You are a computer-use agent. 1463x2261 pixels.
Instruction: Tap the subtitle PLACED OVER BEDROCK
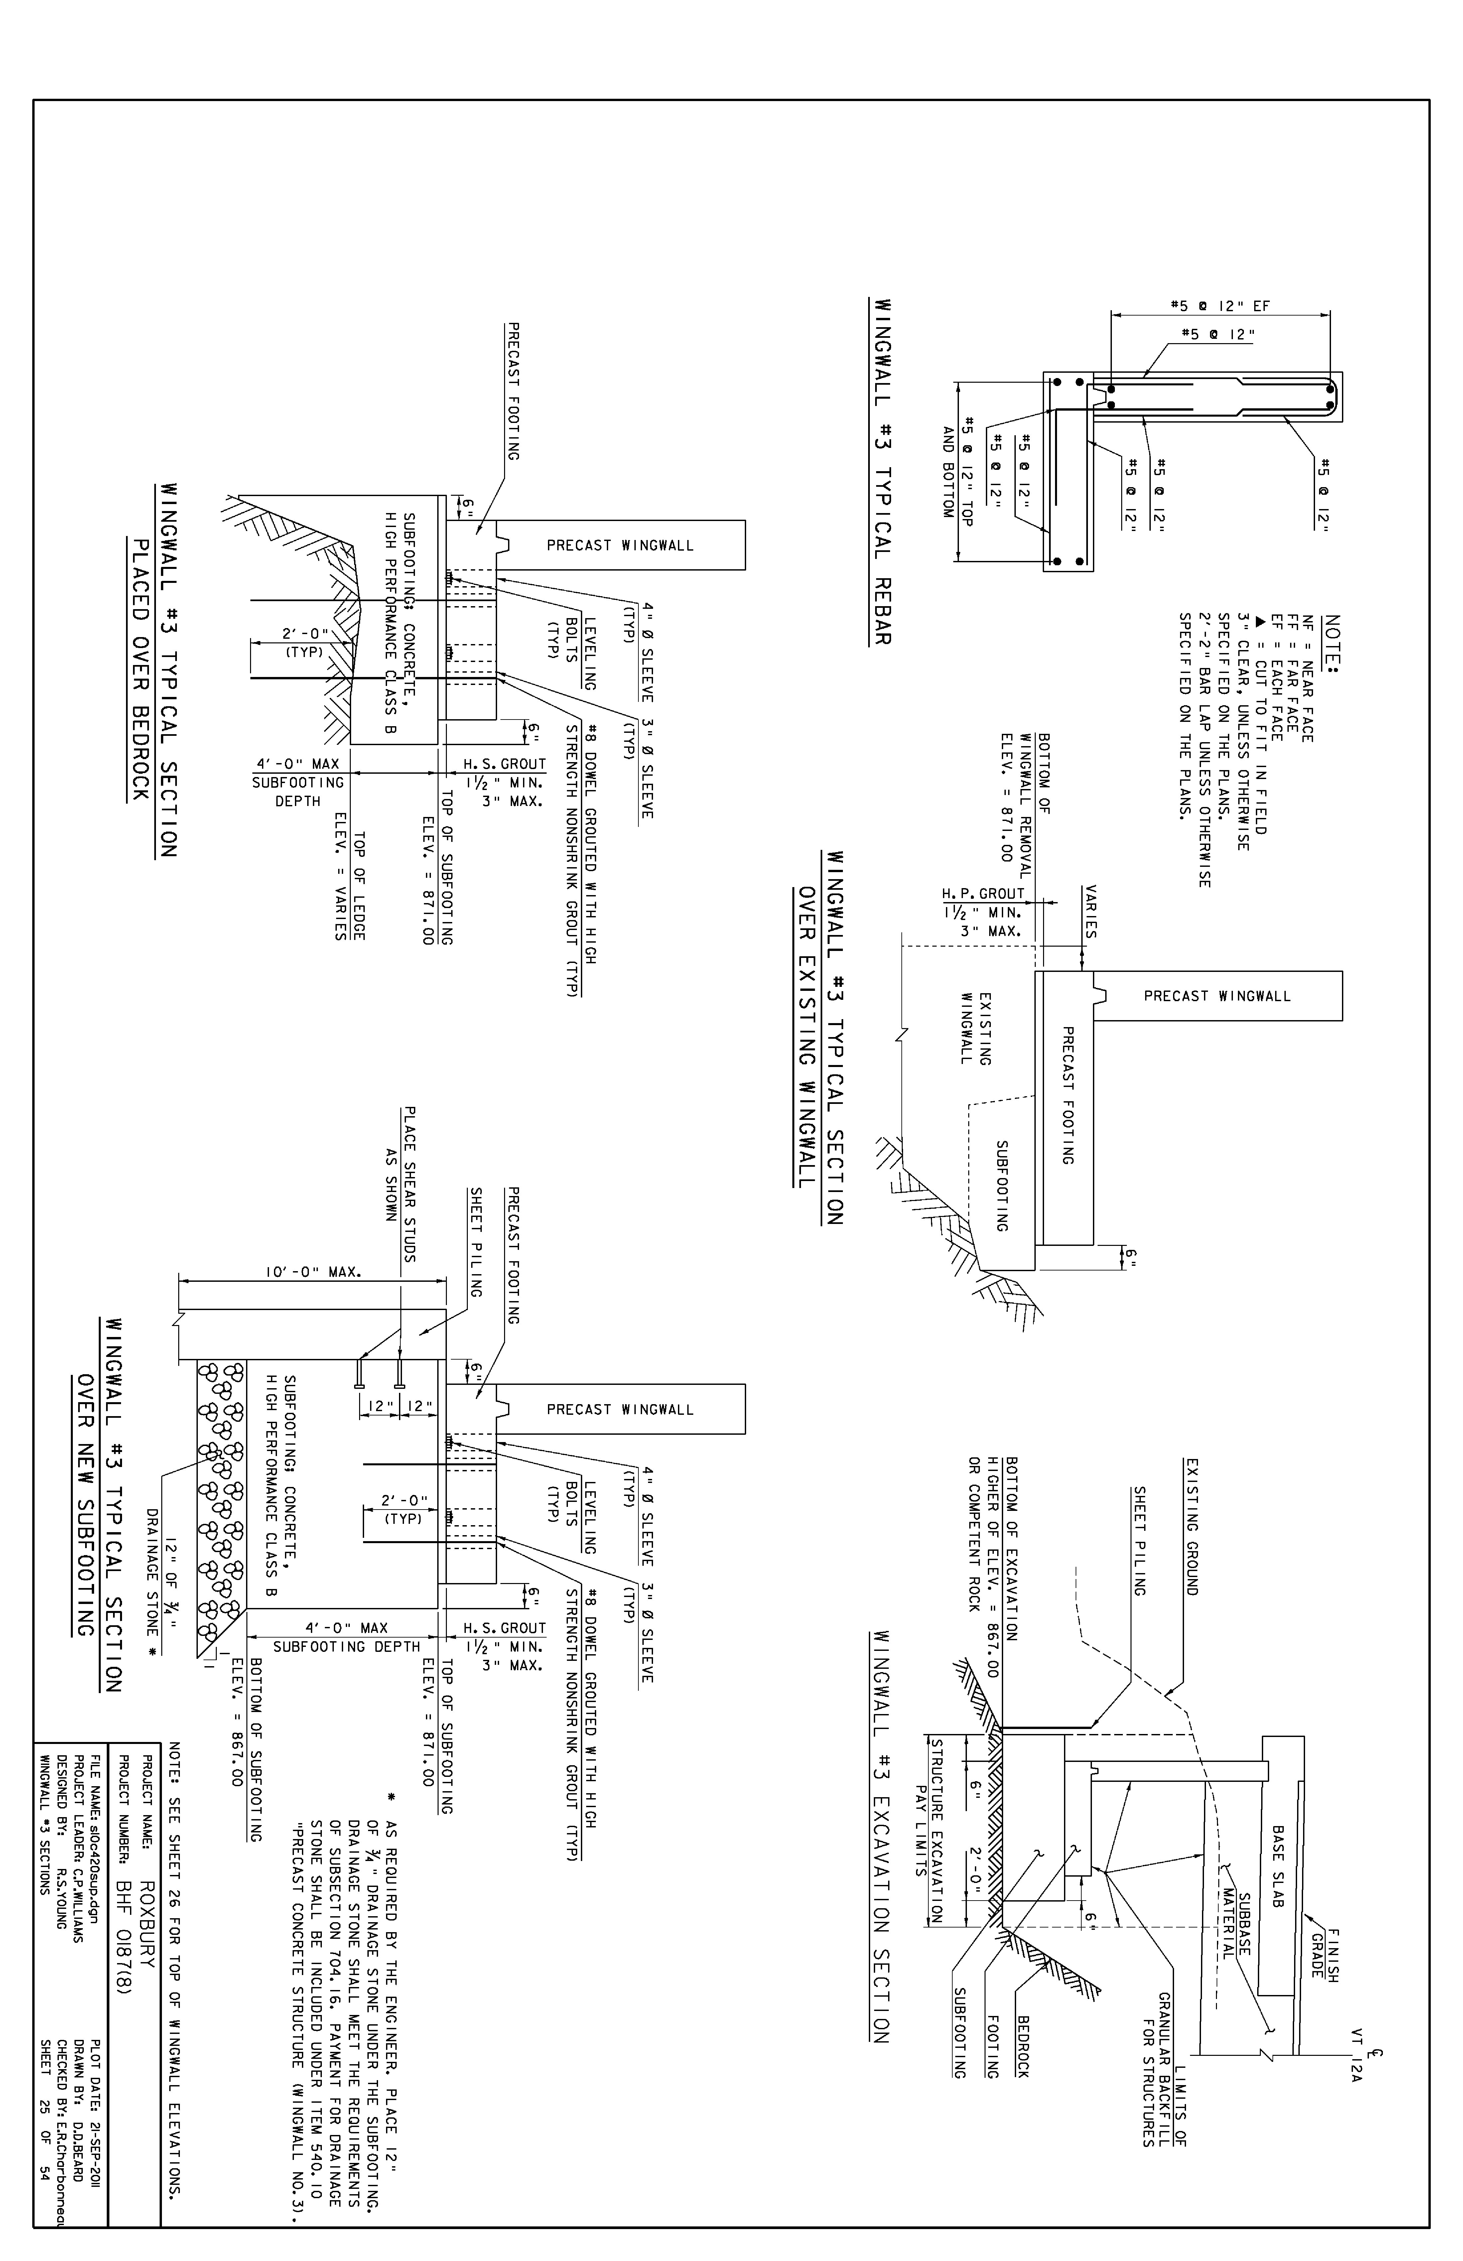click(x=139, y=670)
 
